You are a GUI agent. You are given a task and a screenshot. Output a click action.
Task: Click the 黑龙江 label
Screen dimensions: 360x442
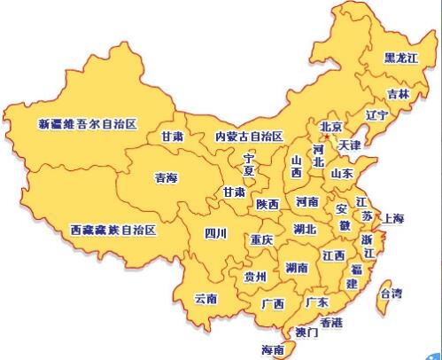[401, 59]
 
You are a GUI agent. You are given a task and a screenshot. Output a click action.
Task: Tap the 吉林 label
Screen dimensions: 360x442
[398, 93]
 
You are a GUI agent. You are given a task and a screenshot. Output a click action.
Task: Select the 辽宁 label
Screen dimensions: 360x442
[377, 115]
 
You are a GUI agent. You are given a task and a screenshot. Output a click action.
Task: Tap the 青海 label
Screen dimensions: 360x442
[166, 178]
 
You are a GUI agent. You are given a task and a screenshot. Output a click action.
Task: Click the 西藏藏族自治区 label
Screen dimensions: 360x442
[112, 231]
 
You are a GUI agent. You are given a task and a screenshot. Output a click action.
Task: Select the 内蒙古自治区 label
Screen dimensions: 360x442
[249, 137]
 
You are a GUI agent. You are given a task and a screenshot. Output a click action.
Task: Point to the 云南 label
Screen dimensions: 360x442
[205, 298]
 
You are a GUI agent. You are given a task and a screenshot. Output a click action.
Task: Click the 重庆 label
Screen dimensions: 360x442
[261, 240]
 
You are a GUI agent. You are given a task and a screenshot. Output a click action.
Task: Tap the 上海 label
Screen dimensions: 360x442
[392, 218]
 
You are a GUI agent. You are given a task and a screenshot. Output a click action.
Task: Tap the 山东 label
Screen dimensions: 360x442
[342, 174]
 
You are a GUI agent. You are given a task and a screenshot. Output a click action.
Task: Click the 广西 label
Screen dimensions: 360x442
[273, 303]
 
